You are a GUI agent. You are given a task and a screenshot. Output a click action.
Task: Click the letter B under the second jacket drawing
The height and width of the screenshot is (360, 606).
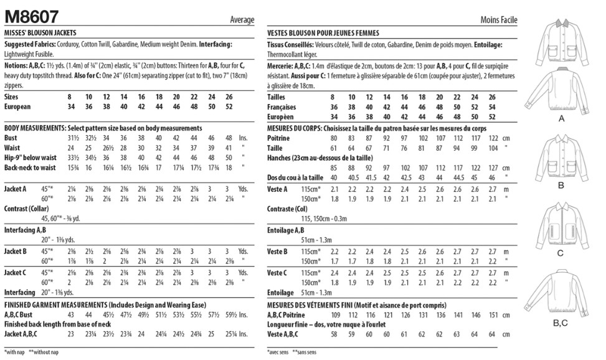point(561,186)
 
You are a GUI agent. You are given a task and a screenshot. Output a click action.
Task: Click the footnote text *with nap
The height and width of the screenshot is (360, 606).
point(15,353)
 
